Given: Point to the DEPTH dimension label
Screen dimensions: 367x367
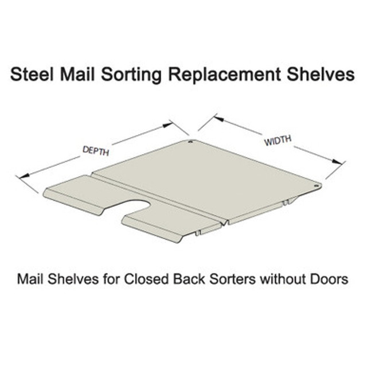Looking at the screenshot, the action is pos(96,151).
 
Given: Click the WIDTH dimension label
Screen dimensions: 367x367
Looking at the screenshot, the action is pos(278,140).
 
